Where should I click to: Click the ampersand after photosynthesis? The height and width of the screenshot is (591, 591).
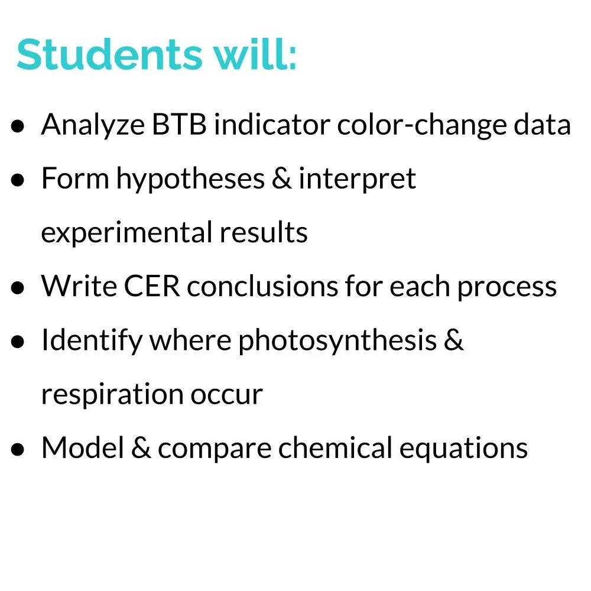click(x=452, y=340)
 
